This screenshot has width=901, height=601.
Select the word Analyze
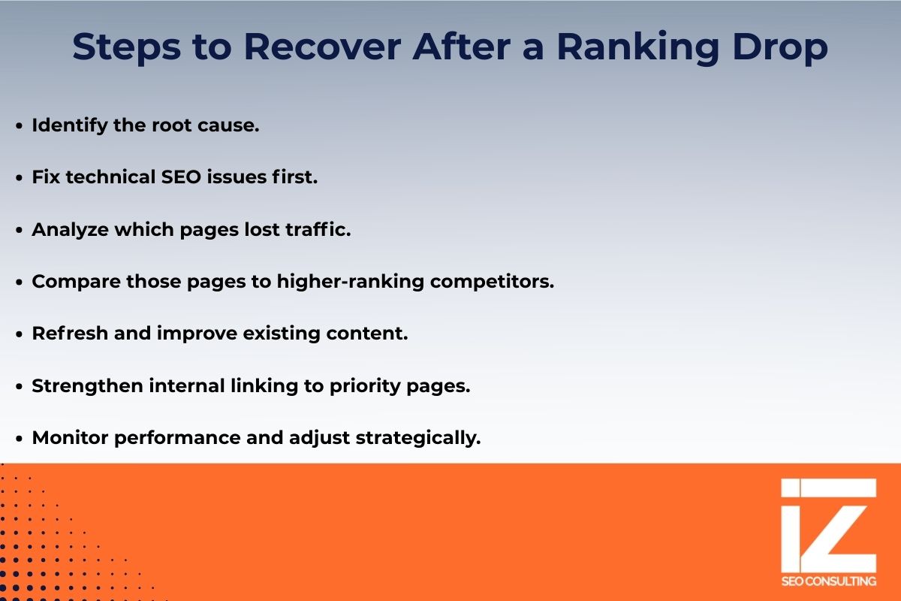tap(69, 230)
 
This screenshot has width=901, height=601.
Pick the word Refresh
tap(69, 334)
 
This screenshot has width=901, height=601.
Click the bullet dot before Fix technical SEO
tap(20, 179)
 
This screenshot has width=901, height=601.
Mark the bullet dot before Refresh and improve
tap(20, 334)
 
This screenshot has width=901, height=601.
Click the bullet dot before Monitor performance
tap(20, 439)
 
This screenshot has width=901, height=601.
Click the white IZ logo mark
tap(828, 525)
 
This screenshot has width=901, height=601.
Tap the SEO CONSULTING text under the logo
tap(828, 581)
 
